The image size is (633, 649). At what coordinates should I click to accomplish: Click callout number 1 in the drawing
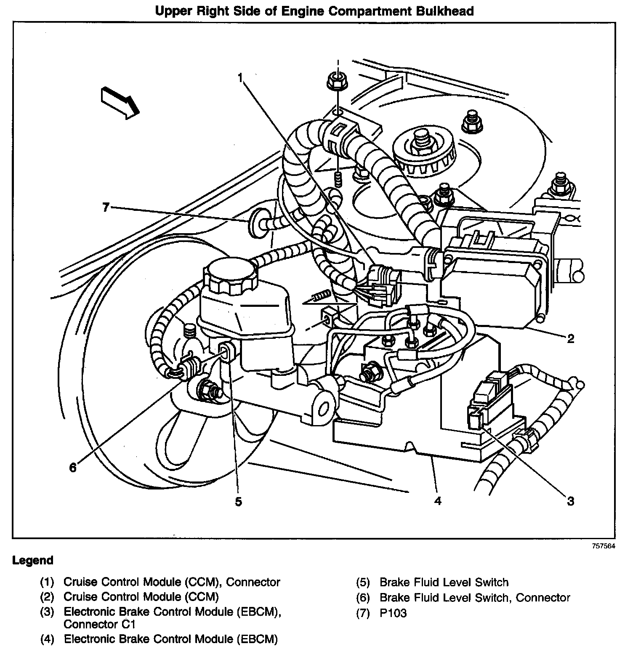point(240,78)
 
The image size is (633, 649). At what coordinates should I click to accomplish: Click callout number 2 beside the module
point(570,338)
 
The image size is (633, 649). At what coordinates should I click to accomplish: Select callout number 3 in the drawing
point(570,501)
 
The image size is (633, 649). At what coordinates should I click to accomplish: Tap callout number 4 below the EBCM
point(438,501)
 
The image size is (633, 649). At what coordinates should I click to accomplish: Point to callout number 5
point(238,502)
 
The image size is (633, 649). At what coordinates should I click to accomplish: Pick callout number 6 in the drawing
point(73,467)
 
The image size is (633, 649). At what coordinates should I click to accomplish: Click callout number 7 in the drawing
point(106,207)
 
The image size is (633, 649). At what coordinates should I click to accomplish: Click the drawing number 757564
point(604,546)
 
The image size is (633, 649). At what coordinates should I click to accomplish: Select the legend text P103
point(393,613)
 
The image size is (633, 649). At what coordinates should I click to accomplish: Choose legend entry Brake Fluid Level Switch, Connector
point(474,597)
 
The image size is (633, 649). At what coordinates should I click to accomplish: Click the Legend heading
point(33,560)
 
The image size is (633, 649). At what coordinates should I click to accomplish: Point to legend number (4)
point(48,639)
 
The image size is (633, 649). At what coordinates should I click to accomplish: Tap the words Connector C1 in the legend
point(99,624)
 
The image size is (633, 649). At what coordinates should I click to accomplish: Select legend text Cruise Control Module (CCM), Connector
point(171,582)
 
